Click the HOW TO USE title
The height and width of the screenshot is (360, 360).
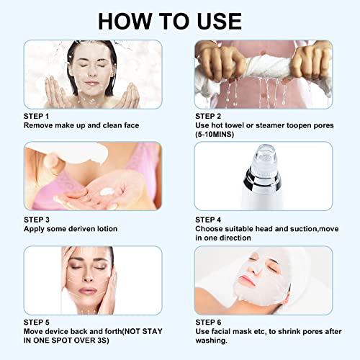coord(179,19)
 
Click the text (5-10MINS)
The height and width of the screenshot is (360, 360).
coord(221,134)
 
